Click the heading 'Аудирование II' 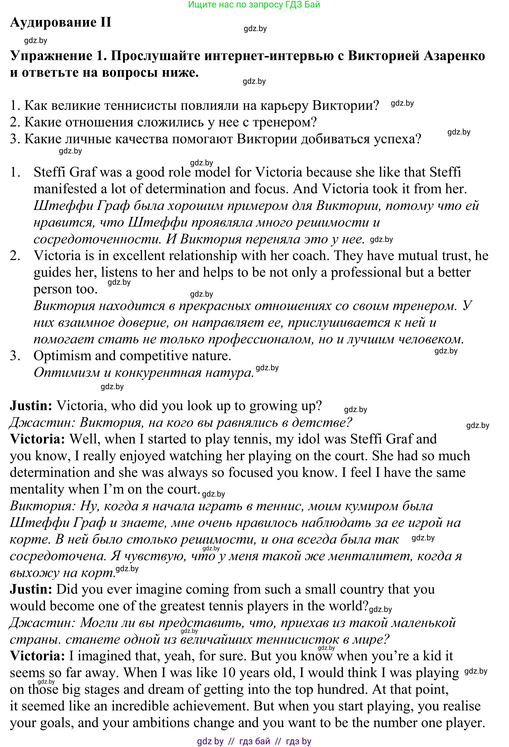pos(60,22)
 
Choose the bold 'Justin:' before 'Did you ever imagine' pos(31,590)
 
